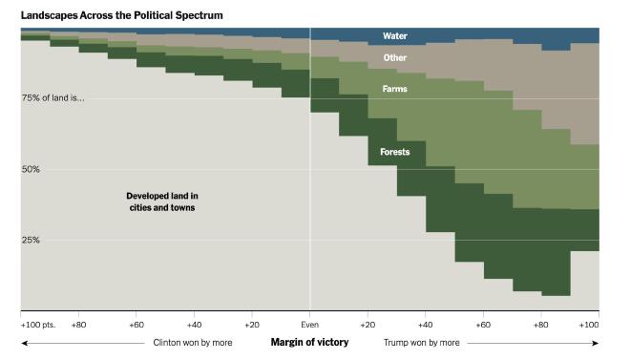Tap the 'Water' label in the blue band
395,36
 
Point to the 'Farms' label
395,89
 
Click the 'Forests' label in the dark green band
395,152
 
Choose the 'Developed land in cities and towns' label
161,201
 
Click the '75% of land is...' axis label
54,98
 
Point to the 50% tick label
31,169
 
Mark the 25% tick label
31,240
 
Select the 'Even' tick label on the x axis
309,325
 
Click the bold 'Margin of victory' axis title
309,342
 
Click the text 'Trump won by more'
421,342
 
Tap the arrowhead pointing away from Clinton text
23,342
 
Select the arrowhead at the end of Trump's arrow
597,342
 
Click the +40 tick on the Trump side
426,325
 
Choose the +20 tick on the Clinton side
252,325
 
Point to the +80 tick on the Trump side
541,325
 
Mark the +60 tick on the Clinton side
136,325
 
